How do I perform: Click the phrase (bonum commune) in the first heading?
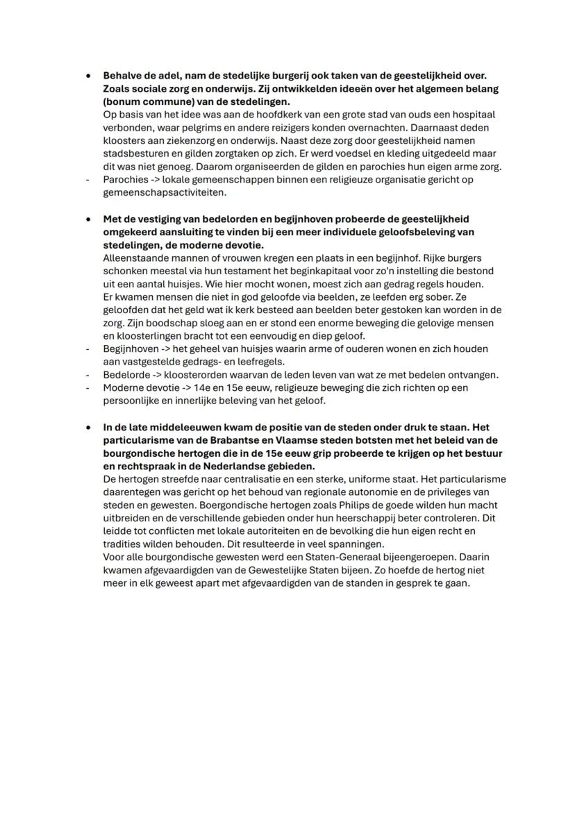[143, 101]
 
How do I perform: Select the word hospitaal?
[472, 115]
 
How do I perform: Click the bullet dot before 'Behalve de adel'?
[87, 76]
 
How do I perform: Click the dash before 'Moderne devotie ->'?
[87, 387]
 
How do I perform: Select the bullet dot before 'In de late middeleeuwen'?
[87, 428]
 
